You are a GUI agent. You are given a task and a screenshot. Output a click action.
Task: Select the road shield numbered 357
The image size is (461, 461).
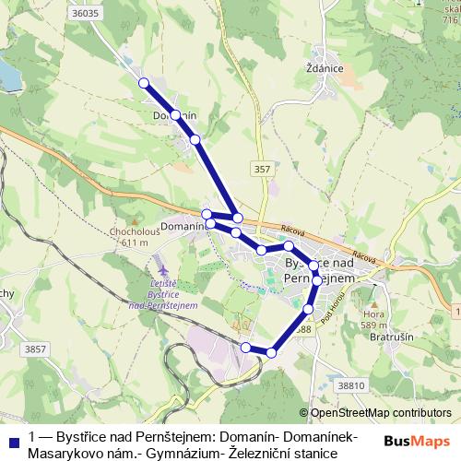[x=263, y=169]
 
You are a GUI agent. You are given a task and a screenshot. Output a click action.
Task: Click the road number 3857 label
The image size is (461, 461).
[x=35, y=349]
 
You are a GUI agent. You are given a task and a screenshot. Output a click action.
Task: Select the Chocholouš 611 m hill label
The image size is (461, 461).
[x=135, y=236]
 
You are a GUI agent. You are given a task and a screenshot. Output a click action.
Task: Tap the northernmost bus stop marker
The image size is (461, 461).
[x=144, y=83]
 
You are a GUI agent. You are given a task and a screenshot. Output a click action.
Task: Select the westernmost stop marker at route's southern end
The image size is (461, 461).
[x=245, y=347]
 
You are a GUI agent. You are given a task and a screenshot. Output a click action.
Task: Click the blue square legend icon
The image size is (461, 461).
[x=13, y=441]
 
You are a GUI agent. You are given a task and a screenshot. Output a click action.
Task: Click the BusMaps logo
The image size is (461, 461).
[x=417, y=442]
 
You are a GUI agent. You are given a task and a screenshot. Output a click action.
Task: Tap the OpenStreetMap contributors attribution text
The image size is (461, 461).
[x=381, y=413]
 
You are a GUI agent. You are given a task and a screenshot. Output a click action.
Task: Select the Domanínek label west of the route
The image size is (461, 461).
[x=182, y=225]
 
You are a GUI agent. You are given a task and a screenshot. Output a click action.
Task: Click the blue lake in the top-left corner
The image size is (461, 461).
[x=7, y=74]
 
